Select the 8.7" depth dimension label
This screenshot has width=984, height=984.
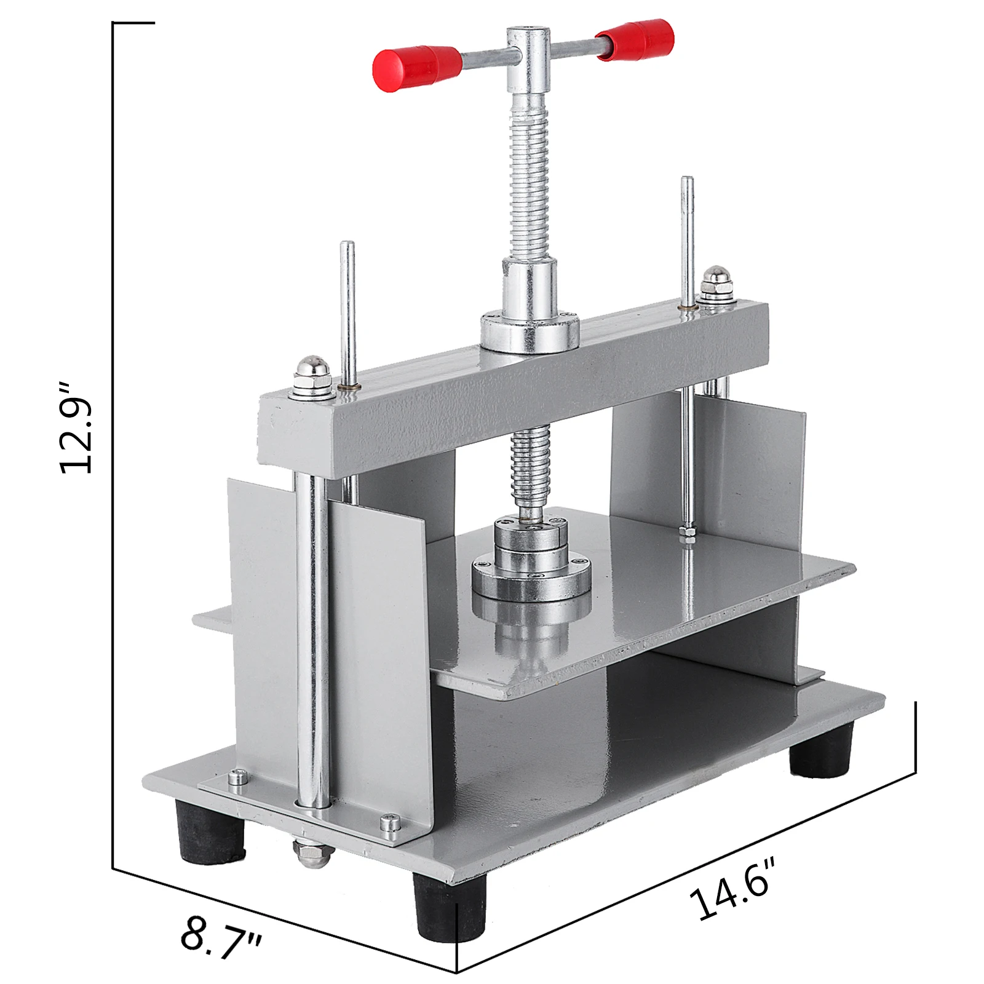(221, 938)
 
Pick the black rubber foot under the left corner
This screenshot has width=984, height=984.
(210, 831)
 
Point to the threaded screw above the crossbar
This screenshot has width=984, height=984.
(529, 184)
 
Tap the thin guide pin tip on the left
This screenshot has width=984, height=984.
(348, 249)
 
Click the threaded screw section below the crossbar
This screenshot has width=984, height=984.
(529, 467)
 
